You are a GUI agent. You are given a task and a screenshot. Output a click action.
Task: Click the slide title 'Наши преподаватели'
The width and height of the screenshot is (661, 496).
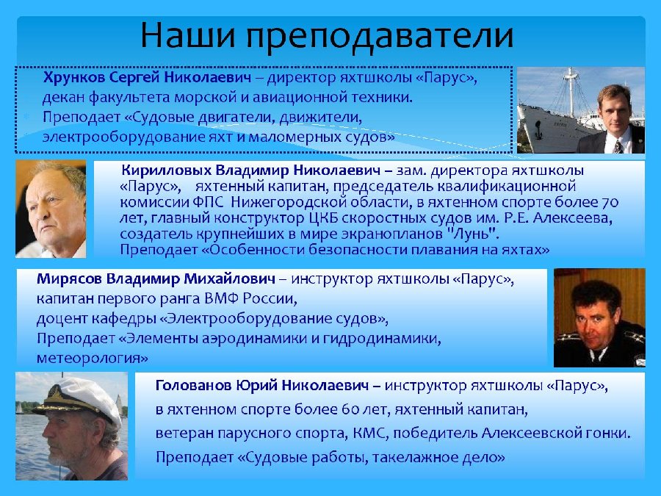(x=327, y=35)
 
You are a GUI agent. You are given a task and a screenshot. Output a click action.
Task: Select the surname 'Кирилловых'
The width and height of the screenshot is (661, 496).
(x=166, y=170)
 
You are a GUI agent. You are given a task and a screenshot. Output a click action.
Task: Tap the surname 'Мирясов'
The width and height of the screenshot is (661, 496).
(x=69, y=278)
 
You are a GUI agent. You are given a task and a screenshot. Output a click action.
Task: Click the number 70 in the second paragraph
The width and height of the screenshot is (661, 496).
(x=610, y=203)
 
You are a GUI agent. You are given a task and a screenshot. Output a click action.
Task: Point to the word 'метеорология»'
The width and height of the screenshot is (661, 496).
(x=93, y=359)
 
